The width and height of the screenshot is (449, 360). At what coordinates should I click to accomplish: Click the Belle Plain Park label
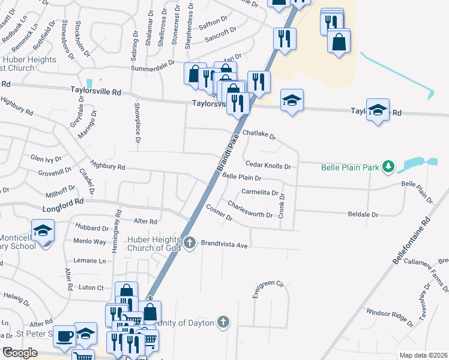350,167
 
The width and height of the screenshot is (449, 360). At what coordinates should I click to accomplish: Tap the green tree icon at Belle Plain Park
388,166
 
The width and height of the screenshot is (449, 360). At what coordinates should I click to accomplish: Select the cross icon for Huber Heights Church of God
190,242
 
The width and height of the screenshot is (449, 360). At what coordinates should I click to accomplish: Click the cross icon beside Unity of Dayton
223,322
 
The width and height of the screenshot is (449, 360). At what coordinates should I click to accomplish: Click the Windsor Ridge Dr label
390,316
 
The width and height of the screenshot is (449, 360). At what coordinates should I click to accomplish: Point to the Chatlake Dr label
259,135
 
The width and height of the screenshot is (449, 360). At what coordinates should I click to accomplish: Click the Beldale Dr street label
363,214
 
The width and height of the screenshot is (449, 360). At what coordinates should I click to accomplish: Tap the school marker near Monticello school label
43,230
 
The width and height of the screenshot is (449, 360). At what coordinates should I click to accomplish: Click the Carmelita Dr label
259,193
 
